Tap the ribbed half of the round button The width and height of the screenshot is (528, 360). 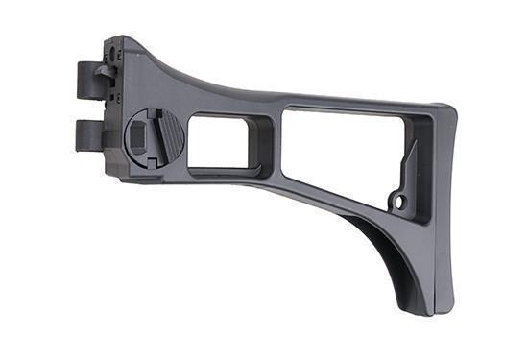(167, 135)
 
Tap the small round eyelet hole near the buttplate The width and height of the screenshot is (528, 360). (401, 202)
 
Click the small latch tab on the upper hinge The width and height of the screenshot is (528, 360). (104, 69)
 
